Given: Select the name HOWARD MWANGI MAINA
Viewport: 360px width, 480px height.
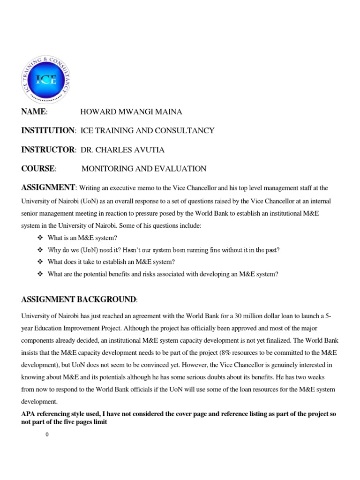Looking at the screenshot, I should (x=131, y=112).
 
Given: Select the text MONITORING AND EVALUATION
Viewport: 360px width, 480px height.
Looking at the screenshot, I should (x=143, y=169).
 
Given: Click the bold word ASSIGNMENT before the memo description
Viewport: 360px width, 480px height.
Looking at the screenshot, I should (x=48, y=188).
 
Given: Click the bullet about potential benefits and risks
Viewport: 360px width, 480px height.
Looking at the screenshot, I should (x=163, y=274).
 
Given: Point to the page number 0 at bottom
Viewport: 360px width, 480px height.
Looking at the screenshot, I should (x=47, y=435).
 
